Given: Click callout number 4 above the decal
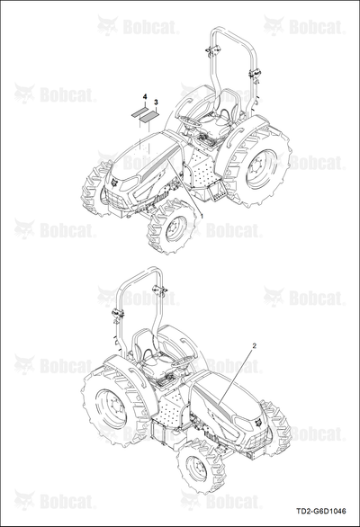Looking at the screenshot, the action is coord(145,97).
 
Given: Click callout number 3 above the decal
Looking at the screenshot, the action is coord(156,102).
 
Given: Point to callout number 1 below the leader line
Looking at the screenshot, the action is coord(201,215).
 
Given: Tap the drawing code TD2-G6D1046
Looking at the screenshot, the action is coord(321,512).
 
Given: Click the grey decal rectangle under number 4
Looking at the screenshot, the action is coord(139,112).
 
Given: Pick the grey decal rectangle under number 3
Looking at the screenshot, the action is coord(149,116).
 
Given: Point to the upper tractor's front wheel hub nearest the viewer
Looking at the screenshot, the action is coord(176,229).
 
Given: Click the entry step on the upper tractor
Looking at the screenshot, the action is coord(216,192).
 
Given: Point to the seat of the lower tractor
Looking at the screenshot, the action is coord(152,360).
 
